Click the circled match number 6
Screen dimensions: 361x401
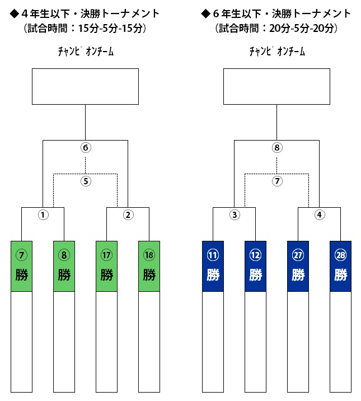coord(86,147)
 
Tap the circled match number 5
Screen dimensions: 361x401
coord(86,181)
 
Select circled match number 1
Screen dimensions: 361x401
coord(43,215)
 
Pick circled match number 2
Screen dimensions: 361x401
coord(128,215)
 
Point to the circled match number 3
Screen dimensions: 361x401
coord(235,215)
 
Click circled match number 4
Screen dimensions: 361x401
coord(320,215)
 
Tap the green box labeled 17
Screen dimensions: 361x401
coord(106,266)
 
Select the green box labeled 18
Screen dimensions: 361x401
coord(149,266)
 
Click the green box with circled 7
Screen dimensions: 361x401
coord(21,266)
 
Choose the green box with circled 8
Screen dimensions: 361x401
coord(64,266)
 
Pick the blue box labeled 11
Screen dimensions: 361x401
coord(213,266)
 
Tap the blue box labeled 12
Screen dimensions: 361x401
coord(255,266)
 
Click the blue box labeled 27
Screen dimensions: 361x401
coord(298,266)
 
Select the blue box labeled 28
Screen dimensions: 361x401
coord(340,266)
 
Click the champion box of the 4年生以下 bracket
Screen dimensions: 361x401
coord(85,86)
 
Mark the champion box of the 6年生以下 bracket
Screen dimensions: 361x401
coord(276,86)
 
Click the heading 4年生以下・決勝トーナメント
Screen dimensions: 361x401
coord(91,14)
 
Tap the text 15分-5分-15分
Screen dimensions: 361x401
coord(110,28)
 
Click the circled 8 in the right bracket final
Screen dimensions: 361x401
coord(277,147)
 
